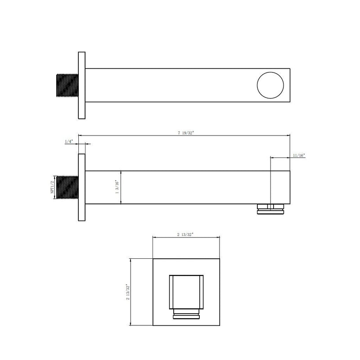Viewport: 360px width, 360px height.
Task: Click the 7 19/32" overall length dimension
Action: [186, 133]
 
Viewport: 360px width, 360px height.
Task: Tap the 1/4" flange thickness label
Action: [69, 141]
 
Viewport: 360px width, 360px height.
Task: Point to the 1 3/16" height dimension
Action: [117, 187]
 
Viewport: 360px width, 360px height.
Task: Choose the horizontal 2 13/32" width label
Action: [186, 234]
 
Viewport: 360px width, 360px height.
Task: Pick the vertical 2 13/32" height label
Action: [127, 292]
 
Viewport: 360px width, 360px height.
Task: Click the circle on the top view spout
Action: [271, 85]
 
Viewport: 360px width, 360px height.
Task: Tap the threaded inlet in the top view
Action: [67, 85]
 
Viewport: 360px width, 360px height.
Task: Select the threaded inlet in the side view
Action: [67, 187]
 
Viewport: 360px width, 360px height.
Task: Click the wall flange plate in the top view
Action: [82, 85]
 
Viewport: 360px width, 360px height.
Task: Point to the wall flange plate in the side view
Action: [82, 187]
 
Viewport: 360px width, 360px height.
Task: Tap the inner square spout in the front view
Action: [186, 291]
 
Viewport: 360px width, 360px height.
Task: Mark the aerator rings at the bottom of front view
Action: [186, 314]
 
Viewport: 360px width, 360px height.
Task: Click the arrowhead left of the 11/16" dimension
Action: [272, 157]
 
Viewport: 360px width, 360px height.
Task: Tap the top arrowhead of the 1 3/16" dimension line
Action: [121, 172]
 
